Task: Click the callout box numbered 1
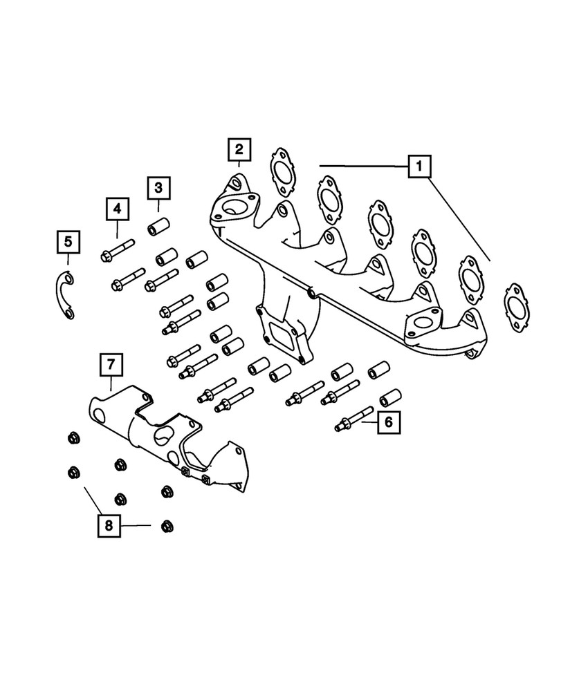coord(420,167)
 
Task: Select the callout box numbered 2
coord(239,149)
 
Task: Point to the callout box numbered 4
coord(117,207)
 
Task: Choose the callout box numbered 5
coord(68,242)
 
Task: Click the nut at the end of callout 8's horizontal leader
coord(166,527)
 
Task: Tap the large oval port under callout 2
coord(232,208)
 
